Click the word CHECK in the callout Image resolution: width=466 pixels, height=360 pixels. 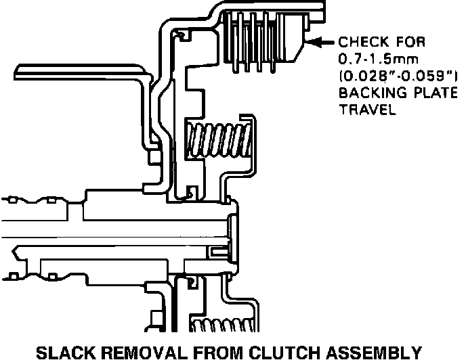362,41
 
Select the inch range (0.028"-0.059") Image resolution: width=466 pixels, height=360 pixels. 394,75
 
